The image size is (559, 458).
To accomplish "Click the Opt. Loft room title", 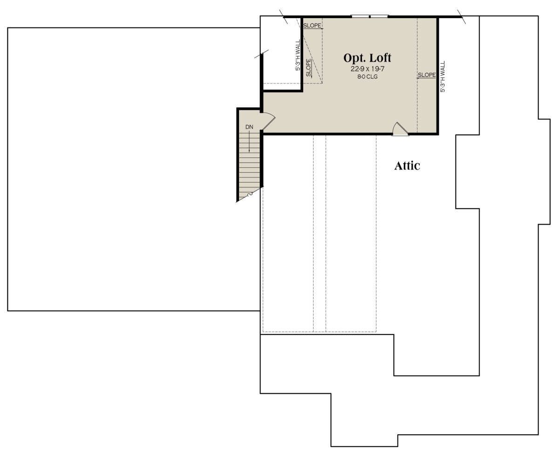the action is (x=367, y=58).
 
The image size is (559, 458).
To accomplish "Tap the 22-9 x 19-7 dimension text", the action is (x=368, y=69).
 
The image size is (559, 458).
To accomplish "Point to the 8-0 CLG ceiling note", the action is (x=368, y=77).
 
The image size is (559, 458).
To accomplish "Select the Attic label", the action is (x=407, y=166).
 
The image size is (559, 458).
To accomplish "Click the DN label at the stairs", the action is (x=249, y=127).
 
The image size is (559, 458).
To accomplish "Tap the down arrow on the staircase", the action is (x=249, y=141).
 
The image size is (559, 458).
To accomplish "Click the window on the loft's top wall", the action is (x=370, y=16).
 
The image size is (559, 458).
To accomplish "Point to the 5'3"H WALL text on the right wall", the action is (x=443, y=77).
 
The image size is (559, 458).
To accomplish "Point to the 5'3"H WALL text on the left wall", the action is (x=298, y=55).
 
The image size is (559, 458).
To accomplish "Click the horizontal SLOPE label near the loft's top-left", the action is (x=312, y=26).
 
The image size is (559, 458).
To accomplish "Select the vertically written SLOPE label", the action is (x=308, y=68).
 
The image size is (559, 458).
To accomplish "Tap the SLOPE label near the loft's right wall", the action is (x=427, y=75).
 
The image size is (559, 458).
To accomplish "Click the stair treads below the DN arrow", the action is (x=249, y=164).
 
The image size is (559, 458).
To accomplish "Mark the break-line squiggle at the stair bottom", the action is (x=249, y=195).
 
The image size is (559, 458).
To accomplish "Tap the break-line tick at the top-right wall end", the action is (x=462, y=16).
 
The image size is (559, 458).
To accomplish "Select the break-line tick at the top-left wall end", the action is (x=284, y=17).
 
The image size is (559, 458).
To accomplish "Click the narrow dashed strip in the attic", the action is (x=320, y=234).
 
